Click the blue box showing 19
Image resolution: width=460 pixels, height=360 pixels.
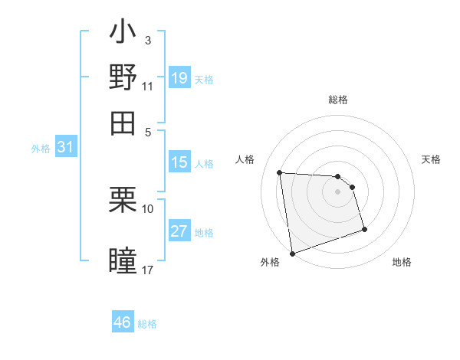[x=179, y=78]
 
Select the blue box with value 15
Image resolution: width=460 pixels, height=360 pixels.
[x=179, y=162]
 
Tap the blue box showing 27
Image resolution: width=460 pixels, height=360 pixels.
[x=179, y=231]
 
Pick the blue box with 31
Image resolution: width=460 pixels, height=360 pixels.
[x=65, y=148]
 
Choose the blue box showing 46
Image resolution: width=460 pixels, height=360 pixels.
[x=123, y=322]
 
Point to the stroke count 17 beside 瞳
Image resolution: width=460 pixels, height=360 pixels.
[x=148, y=270]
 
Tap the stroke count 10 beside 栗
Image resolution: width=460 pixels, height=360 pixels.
[x=148, y=208]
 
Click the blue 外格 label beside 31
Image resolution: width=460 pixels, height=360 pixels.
[x=41, y=149]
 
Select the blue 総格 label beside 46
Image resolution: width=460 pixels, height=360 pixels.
[x=147, y=323]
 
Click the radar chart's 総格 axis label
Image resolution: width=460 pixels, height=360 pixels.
[x=338, y=100]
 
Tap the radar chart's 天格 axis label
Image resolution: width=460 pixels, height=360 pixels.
[x=431, y=159]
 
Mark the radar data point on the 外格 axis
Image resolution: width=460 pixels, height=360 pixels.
[x=292, y=253]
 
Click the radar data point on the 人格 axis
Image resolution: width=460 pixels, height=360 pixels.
[x=280, y=172]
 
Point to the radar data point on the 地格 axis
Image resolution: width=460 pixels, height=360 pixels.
[x=364, y=229]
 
